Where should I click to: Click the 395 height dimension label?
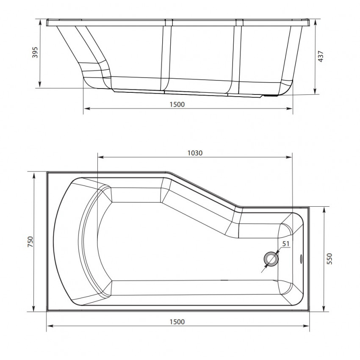(34, 53)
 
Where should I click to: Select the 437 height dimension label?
(321, 56)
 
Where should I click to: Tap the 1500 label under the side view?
(177, 105)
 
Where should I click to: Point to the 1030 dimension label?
(195, 153)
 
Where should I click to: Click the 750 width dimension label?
(30, 241)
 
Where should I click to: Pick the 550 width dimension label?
(329, 259)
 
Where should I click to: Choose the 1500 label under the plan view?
(177, 322)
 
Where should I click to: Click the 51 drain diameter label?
(285, 244)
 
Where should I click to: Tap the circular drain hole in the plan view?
(271, 259)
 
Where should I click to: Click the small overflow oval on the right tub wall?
(301, 259)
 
